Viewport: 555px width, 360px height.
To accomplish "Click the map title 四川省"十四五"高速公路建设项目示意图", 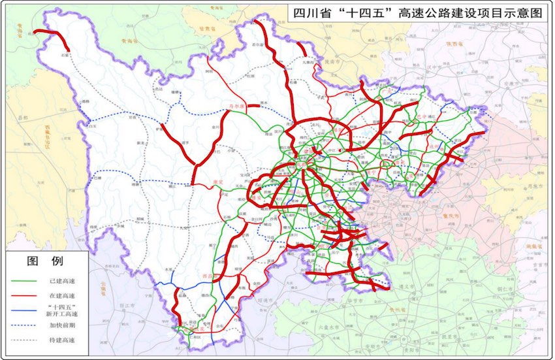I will pos(419,12).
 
